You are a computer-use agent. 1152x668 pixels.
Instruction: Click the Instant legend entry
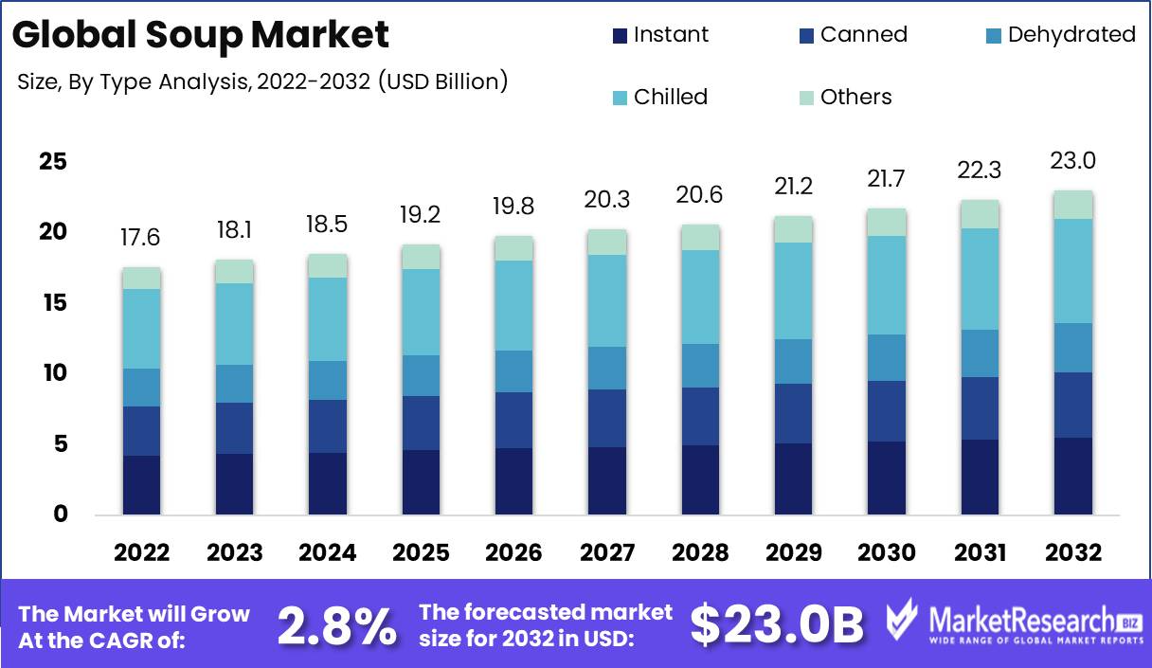[660, 35]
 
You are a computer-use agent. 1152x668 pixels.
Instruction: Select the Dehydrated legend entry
[1058, 35]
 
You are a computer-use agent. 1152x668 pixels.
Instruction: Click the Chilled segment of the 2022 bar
[141, 328]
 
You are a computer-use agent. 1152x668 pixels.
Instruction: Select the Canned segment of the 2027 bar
[605, 418]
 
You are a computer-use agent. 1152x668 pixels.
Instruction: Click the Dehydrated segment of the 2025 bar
[420, 375]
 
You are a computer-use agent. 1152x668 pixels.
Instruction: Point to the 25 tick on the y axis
[53, 162]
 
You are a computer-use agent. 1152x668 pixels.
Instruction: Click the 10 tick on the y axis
[53, 373]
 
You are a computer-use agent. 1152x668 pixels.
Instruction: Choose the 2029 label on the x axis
[791, 552]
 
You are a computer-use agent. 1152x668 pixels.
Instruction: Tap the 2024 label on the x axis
[327, 552]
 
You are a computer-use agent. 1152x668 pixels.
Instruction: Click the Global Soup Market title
[201, 35]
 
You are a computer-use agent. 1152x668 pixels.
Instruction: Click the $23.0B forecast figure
[776, 624]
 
